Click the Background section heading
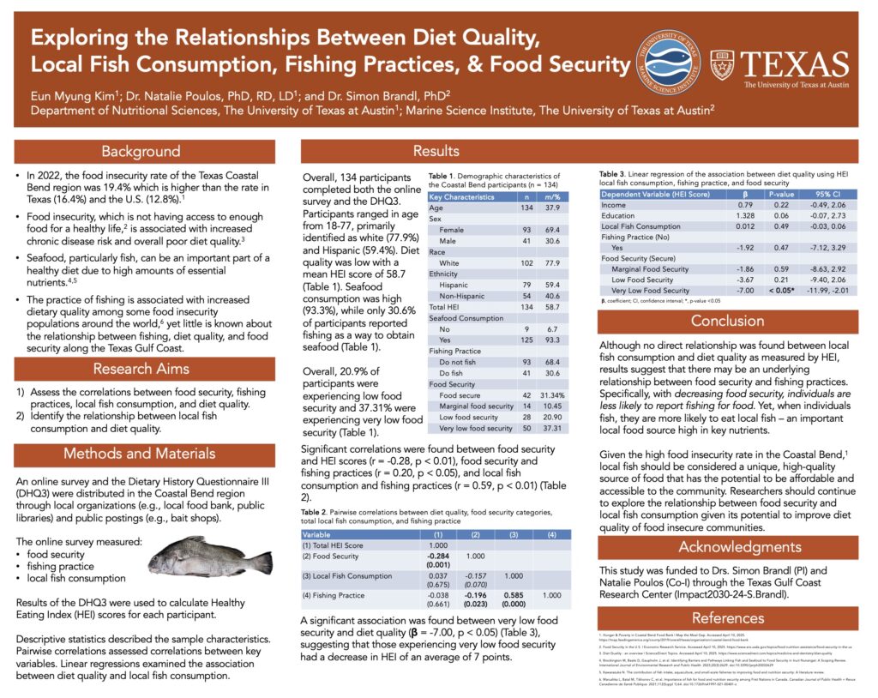pyautogui.click(x=141, y=152)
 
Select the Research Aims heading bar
pyautogui.click(x=141, y=369)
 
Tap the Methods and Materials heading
pyautogui.click(x=141, y=453)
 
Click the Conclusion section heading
pyautogui.click(x=728, y=322)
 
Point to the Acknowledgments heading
pyautogui.click(x=728, y=547)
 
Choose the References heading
pyautogui.click(x=728, y=618)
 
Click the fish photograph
pyautogui.click(x=210, y=557)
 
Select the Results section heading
pyautogui.click(x=436, y=152)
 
